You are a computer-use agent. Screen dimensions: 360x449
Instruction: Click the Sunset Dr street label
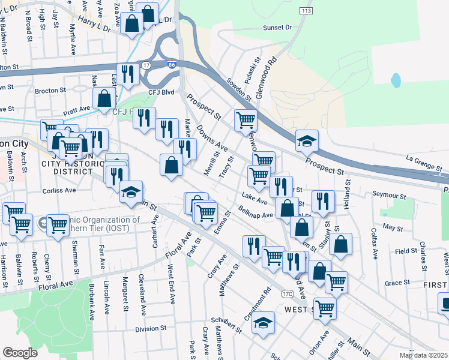(x=277, y=28)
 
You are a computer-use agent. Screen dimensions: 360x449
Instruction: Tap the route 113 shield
(x=307, y=11)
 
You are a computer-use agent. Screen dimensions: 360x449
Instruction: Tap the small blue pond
(x=395, y=80)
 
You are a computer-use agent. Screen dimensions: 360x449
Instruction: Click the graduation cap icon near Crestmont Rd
(x=263, y=322)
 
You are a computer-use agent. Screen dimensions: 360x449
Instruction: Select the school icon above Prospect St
(x=307, y=140)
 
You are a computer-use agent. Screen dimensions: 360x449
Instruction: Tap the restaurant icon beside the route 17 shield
(x=128, y=74)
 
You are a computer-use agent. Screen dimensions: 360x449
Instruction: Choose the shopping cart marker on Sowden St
(x=246, y=119)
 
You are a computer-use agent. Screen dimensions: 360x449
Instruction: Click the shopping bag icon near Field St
(x=340, y=244)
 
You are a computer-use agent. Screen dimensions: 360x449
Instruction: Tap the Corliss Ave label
(x=59, y=190)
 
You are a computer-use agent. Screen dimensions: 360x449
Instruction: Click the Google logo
(x=20, y=353)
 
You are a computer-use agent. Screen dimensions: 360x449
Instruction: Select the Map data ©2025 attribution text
(x=423, y=355)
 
